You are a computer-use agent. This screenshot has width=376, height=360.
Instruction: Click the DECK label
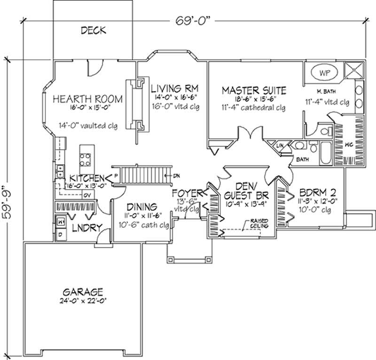94,31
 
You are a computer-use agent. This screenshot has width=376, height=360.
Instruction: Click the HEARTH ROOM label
88,99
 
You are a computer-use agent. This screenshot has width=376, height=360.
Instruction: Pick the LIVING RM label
174,88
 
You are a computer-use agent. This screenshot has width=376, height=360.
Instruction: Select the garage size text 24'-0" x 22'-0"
85,302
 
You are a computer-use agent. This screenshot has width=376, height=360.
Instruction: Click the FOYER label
187,193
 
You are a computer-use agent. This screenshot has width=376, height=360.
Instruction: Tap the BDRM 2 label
312,193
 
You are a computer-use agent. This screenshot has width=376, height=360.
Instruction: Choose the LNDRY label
87,227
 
